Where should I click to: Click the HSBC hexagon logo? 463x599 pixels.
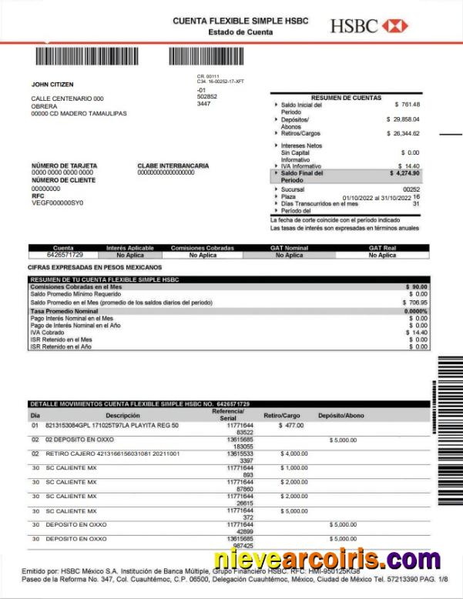point(394,26)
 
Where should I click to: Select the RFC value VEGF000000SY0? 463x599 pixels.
point(57,202)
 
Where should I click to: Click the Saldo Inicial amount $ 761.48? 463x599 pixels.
point(407,104)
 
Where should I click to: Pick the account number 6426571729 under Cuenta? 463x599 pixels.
point(65,254)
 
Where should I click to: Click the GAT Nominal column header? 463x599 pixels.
point(289,248)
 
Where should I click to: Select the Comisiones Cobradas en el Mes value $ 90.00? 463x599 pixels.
point(417,286)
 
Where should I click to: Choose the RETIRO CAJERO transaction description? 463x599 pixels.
point(112,453)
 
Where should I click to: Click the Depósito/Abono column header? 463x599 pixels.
point(341,415)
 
